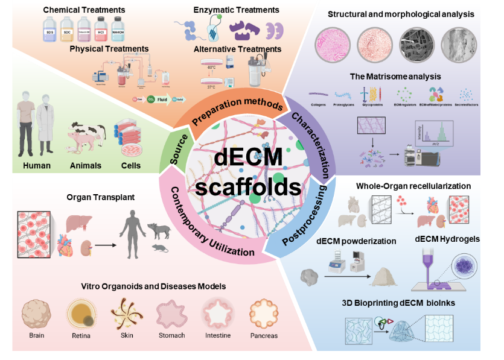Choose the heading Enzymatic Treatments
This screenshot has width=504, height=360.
click(236, 10)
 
